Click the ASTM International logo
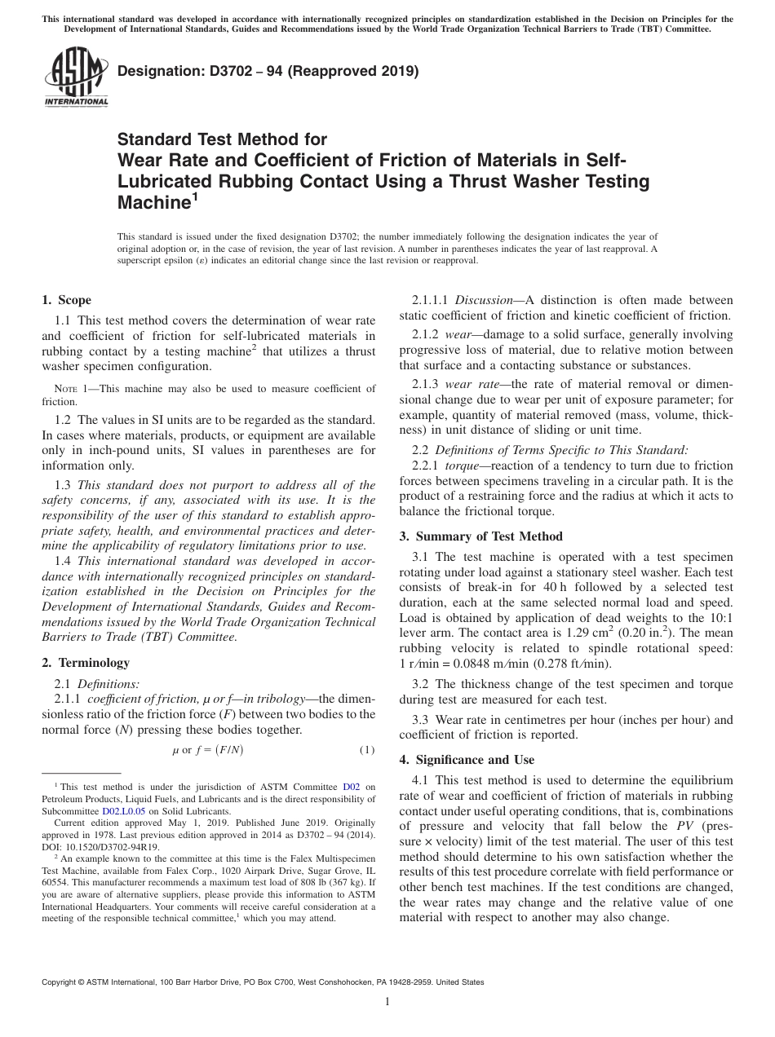(x=75, y=77)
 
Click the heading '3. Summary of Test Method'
(x=480, y=536)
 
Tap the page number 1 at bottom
(x=387, y=1002)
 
